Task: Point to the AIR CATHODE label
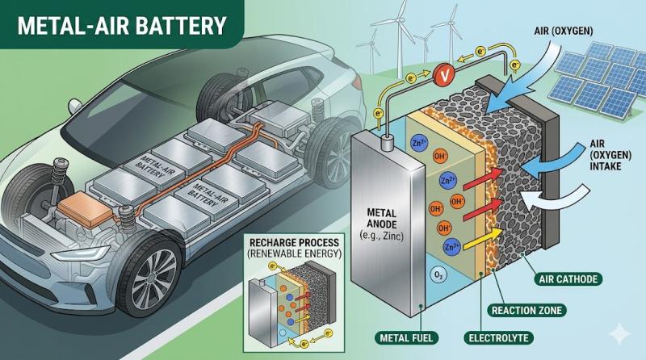[568, 279]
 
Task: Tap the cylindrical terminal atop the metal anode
[386, 144]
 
